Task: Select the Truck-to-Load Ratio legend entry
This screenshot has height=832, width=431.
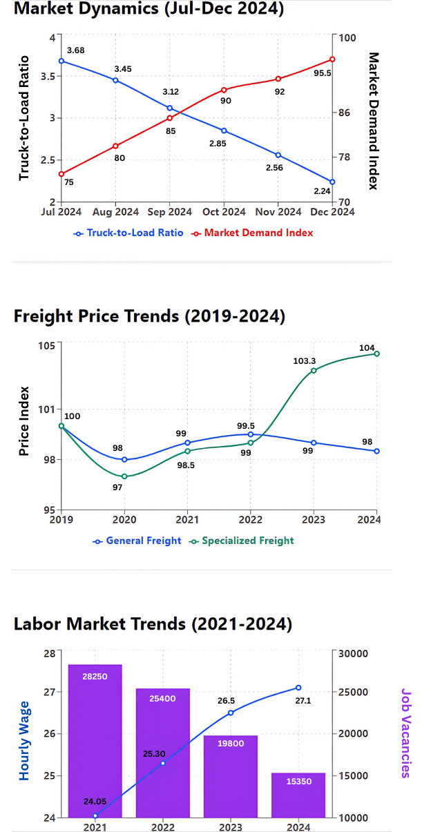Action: point(129,233)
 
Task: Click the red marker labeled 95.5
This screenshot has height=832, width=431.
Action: point(332,59)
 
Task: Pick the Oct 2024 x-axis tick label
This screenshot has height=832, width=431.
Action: point(224,212)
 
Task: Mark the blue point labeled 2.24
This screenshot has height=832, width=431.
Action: point(332,182)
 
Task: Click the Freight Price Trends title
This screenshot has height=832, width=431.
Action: point(149,316)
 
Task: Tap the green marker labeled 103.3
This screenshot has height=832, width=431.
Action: point(314,371)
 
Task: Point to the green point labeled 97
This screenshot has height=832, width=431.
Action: point(124,476)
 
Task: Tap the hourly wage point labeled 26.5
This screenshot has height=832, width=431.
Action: point(231,713)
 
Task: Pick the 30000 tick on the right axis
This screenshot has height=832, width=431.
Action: point(353,653)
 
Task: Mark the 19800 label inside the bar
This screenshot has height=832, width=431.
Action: point(231,744)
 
